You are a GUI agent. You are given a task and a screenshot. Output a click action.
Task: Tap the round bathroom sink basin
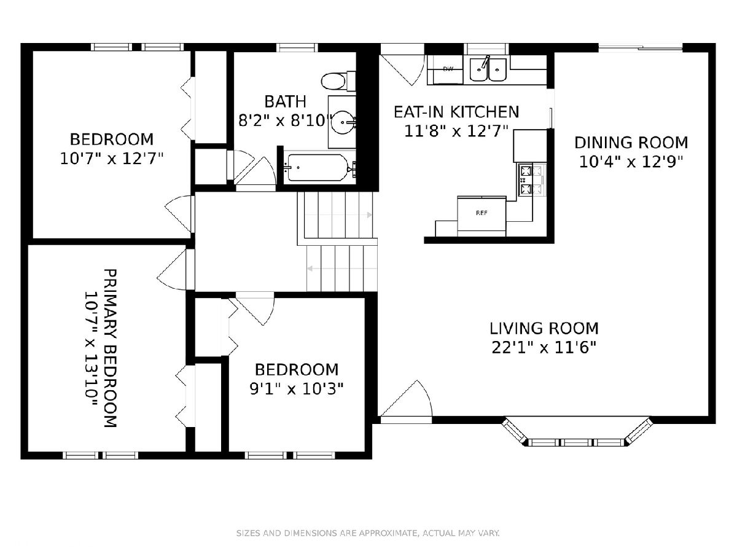[x=342, y=122]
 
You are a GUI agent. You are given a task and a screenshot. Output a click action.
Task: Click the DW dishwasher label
[x=448, y=69]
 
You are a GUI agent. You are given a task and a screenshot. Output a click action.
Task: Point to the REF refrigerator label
[x=482, y=213]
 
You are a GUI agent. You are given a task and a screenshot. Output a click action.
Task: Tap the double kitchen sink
[x=488, y=69]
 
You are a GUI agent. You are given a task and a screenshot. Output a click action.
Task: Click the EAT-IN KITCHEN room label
[x=456, y=112]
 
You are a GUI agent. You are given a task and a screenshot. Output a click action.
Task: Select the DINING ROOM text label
[x=631, y=143]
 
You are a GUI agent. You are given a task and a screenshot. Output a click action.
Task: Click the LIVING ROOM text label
[x=544, y=328]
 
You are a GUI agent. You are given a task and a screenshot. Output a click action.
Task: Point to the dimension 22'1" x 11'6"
[x=544, y=348]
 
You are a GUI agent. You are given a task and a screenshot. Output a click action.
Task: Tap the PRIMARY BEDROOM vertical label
[x=110, y=348]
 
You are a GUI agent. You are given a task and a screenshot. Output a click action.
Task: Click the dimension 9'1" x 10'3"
[x=297, y=389]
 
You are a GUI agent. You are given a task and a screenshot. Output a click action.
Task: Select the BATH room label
[x=286, y=102]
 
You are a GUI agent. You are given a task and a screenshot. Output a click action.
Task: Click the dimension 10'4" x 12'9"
[x=631, y=162]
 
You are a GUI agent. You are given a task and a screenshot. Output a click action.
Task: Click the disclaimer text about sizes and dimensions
[x=368, y=533]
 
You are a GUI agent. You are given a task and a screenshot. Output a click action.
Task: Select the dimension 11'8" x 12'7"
[x=456, y=131]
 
